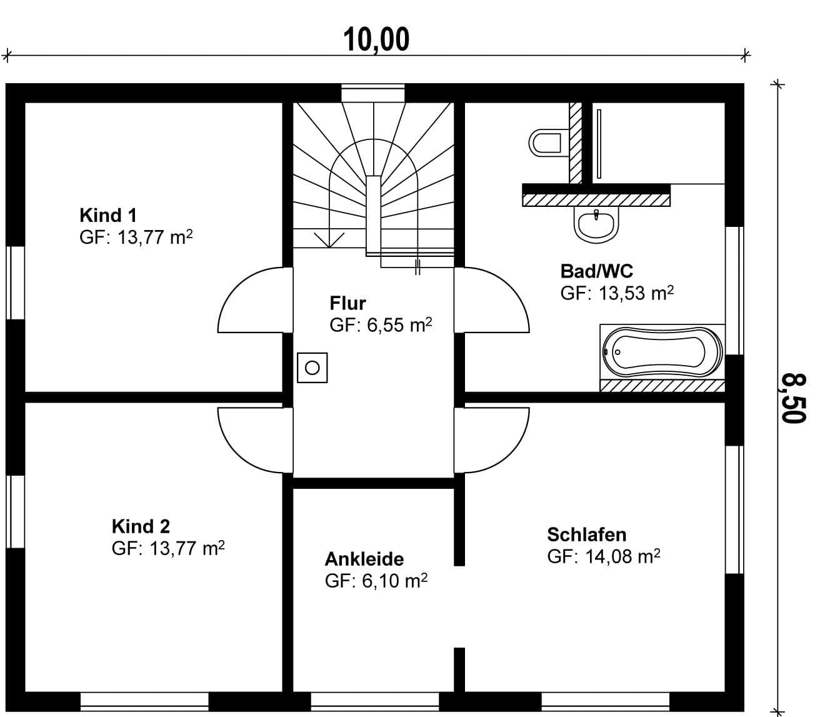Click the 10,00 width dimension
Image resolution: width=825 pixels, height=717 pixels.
(376, 40)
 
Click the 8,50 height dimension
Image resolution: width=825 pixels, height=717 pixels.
(793, 398)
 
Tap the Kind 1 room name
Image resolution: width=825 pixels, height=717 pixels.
(108, 215)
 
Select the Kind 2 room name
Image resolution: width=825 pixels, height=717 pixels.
(141, 526)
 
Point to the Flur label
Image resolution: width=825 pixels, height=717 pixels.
(347, 303)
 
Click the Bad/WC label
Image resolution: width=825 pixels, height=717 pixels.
(597, 271)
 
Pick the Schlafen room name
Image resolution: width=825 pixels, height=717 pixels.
(587, 534)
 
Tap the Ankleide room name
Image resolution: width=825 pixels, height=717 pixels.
(364, 559)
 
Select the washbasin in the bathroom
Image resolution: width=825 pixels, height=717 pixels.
(596, 224)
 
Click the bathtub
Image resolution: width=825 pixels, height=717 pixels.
(662, 353)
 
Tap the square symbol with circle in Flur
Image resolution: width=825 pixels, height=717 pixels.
(312, 368)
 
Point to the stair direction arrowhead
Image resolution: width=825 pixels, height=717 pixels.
(329, 240)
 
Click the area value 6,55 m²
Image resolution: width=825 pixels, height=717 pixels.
(399, 325)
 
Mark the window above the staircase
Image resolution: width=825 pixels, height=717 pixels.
(373, 93)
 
